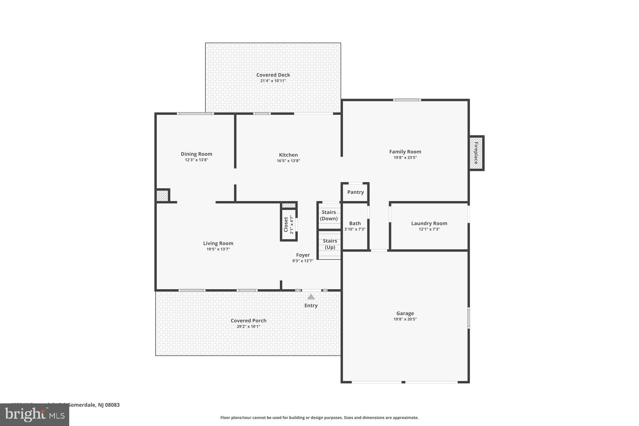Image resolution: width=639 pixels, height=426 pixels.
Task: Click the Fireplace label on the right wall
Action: pyautogui.click(x=476, y=153)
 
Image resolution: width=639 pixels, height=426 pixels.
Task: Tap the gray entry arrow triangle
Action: pyautogui.click(x=311, y=297)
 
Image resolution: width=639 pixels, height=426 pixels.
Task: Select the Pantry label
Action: pyautogui.click(x=355, y=192)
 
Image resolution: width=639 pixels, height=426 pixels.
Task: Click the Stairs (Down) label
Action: pyautogui.click(x=329, y=215)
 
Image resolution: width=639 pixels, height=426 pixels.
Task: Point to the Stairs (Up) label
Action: pyautogui.click(x=330, y=244)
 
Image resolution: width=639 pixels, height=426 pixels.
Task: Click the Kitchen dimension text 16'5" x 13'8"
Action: pyautogui.click(x=288, y=161)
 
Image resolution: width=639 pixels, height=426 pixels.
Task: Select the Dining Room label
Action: pyautogui.click(x=196, y=154)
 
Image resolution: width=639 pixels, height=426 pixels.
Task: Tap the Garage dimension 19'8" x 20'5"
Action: pyautogui.click(x=405, y=319)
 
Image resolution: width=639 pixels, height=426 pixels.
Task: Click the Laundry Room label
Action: pyautogui.click(x=429, y=223)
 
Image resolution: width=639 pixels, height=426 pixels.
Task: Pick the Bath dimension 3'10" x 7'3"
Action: pyautogui.click(x=355, y=229)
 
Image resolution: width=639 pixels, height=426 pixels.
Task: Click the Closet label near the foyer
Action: pyautogui.click(x=286, y=224)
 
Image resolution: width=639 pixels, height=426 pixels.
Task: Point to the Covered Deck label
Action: pyautogui.click(x=273, y=75)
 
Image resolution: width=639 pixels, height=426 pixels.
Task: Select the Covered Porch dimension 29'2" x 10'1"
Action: pyautogui.click(x=248, y=326)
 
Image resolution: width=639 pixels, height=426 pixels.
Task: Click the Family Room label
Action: pyautogui.click(x=405, y=151)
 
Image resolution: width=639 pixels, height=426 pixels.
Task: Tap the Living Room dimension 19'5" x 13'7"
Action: pyautogui.click(x=218, y=249)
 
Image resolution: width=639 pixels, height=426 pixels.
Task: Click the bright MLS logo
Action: pyautogui.click(x=35, y=415)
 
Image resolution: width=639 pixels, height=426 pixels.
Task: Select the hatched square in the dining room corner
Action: pyautogui.click(x=162, y=195)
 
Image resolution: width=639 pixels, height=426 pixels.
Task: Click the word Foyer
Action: pyautogui.click(x=303, y=255)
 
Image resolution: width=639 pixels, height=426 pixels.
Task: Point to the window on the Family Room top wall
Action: pyautogui.click(x=407, y=100)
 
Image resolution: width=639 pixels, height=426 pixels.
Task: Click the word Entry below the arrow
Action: pyautogui.click(x=311, y=306)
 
